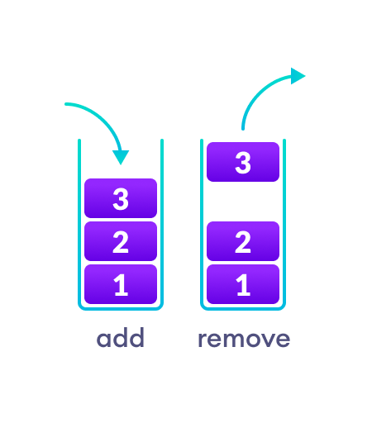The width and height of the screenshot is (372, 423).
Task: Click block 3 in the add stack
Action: pyautogui.click(x=121, y=198)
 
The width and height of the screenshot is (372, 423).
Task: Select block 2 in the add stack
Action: pyautogui.click(x=121, y=241)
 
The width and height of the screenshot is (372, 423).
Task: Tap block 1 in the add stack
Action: pyautogui.click(x=121, y=284)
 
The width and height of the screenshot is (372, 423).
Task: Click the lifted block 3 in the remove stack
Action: pyautogui.click(x=243, y=162)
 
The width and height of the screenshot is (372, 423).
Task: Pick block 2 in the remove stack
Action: pyautogui.click(x=243, y=241)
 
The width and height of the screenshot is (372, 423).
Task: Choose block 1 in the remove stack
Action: pyautogui.click(x=243, y=284)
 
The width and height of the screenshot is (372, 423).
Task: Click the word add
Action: pyautogui.click(x=121, y=339)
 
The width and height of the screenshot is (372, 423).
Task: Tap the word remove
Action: pyautogui.click(x=244, y=339)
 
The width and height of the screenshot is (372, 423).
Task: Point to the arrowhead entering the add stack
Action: pyautogui.click(x=122, y=156)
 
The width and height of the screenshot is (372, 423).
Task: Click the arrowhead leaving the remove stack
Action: pyautogui.click(x=298, y=76)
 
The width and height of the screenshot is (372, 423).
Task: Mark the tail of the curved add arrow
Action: pyautogui.click(x=66, y=105)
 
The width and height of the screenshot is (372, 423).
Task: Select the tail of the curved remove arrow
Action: pyautogui.click(x=243, y=128)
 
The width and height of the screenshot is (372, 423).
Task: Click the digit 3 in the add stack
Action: pyautogui.click(x=121, y=199)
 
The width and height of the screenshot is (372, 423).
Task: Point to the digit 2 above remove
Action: pyautogui.click(x=243, y=242)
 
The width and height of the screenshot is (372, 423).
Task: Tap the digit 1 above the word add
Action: pyautogui.click(x=121, y=285)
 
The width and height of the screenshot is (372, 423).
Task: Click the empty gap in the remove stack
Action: pyautogui.click(x=243, y=202)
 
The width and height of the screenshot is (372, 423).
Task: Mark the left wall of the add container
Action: pyautogui.click(x=79, y=223)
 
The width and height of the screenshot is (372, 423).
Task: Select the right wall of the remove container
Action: pyautogui.click(x=284, y=223)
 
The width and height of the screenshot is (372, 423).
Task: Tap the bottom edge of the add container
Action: pyautogui.click(x=121, y=309)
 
